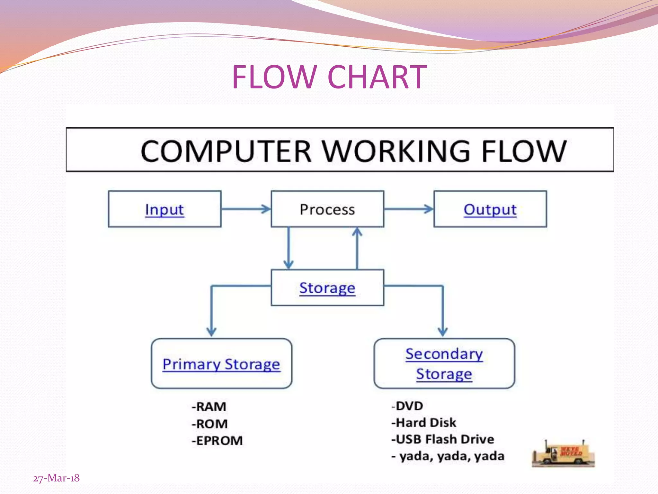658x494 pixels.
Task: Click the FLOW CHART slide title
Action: [x=329, y=77]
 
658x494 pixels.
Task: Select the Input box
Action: [x=164, y=209]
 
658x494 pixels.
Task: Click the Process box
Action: [x=327, y=209]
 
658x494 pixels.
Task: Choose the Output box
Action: [x=490, y=209]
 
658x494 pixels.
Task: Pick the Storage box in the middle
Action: [x=327, y=288]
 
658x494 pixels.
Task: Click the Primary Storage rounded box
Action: [x=221, y=363]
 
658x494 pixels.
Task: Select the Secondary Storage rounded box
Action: [x=444, y=363]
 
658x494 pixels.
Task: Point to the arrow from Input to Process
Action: [x=246, y=209]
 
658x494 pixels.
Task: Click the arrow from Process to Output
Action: [x=409, y=209]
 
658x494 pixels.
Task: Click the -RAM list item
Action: [x=209, y=407]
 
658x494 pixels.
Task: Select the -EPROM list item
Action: [x=217, y=441]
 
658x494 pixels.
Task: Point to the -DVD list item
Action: [x=407, y=406]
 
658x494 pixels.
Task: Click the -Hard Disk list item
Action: [x=423, y=423]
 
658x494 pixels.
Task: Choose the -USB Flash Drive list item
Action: [x=442, y=439]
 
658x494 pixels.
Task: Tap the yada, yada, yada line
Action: [x=448, y=456]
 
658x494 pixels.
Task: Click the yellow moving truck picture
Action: [x=563, y=454]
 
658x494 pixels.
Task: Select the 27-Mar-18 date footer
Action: [x=56, y=478]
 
